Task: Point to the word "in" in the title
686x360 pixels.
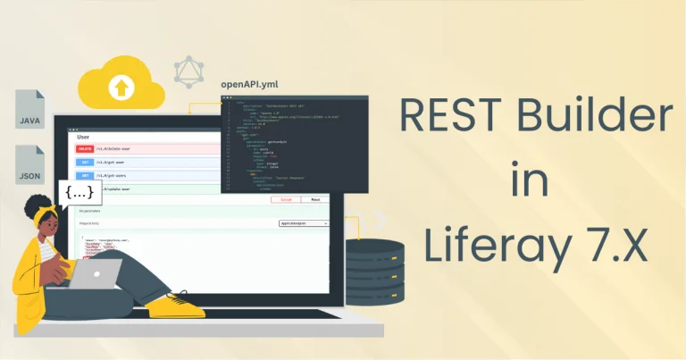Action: click(x=527, y=181)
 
